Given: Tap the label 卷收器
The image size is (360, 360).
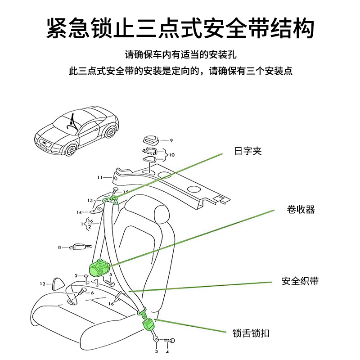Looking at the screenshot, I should click(x=301, y=210).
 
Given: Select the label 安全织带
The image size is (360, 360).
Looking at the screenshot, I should click(x=300, y=282).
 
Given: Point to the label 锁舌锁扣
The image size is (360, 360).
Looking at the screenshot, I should click(x=251, y=333).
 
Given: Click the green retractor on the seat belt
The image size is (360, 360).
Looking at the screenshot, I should click(x=99, y=268).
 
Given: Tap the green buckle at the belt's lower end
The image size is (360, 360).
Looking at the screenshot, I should click(x=148, y=324).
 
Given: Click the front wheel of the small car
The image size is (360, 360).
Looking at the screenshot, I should click(x=70, y=148).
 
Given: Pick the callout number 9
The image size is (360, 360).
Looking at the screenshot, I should click(x=171, y=140).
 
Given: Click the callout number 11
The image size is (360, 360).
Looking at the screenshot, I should click(x=100, y=178).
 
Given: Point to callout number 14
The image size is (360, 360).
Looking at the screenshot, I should click(x=79, y=212).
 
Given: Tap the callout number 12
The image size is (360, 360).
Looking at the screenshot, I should click(x=43, y=284).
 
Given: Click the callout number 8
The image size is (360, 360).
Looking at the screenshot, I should click(x=59, y=247).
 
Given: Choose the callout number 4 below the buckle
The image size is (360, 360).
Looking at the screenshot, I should click(x=167, y=352).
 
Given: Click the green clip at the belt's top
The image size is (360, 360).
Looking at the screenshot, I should click(x=110, y=199).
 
